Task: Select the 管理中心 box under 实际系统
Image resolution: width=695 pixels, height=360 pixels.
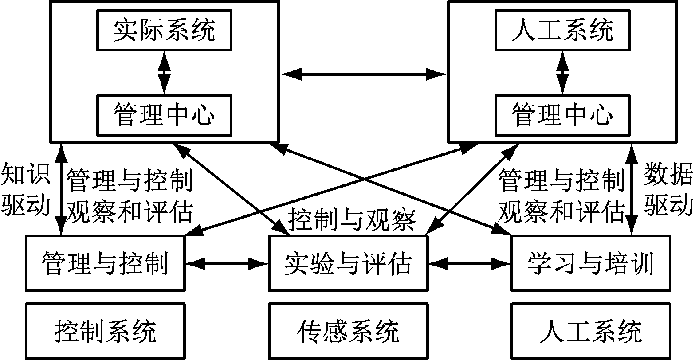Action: pos(165,115)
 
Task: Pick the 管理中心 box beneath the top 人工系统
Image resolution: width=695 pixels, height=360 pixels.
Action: pos(562,115)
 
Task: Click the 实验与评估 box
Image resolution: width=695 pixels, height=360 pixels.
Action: pos(348,263)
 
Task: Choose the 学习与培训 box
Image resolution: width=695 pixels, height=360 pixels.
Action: pos(590,263)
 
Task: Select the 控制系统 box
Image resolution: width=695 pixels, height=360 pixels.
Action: pos(105,331)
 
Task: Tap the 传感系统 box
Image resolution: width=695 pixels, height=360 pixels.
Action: pos(348,331)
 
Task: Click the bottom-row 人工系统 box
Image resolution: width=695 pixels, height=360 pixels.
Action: pos(590,331)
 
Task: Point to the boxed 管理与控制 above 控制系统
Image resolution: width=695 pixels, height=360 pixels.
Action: pos(105,263)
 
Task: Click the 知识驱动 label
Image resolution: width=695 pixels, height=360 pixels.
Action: pos(26,188)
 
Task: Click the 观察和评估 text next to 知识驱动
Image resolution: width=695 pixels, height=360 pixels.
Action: pos(129,212)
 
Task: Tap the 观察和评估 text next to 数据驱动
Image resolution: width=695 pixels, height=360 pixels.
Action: pos(561,212)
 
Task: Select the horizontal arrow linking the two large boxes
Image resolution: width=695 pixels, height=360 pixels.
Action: pos(363,74)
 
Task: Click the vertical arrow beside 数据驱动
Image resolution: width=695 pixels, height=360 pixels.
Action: pos(631,188)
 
